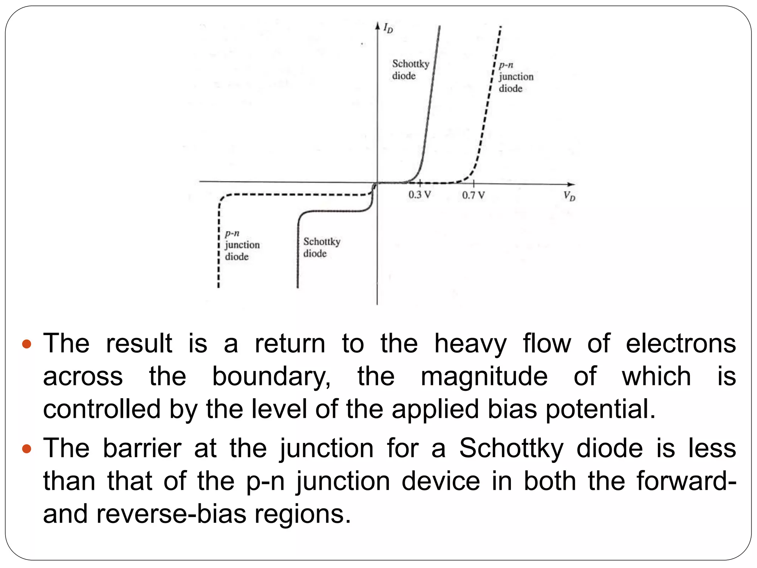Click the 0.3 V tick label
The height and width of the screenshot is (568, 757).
(420, 195)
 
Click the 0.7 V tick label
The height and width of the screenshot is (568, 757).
(473, 195)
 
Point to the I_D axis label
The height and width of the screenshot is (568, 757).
(388, 28)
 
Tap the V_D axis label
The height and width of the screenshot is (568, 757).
(569, 196)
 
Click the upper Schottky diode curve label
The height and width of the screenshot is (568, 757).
(410, 70)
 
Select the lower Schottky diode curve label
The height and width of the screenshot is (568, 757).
(322, 247)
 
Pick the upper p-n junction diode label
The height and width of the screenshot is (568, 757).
(516, 77)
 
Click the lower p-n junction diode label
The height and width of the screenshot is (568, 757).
(242, 245)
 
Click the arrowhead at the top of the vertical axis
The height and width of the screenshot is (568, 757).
(377, 26)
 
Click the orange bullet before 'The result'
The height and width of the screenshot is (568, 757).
(27, 345)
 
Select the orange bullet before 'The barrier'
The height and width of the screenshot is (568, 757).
(27, 449)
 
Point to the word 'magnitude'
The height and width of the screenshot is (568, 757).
(484, 377)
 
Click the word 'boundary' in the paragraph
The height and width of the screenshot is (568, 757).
(271, 377)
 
